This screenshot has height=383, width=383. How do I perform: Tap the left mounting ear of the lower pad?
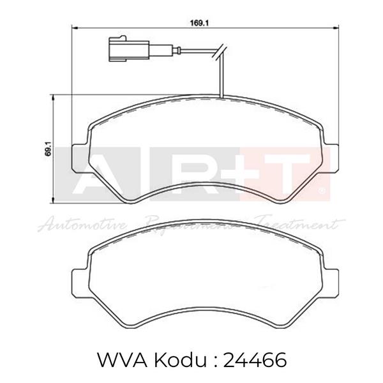pos(79,280)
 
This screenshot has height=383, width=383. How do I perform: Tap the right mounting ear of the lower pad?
pos(331,280)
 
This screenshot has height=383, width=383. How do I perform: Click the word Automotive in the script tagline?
pos(83,223)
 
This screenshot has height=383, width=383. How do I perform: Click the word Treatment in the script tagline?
pos(297,223)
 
